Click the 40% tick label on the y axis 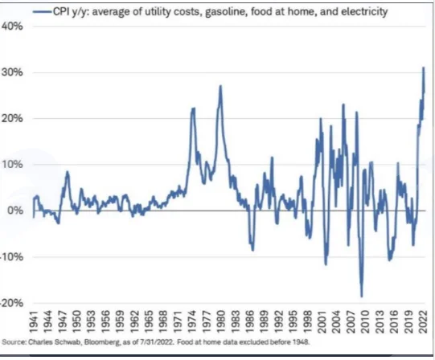click(13, 27)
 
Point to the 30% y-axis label click(13, 72)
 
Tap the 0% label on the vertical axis click(15, 211)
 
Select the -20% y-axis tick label click(11, 303)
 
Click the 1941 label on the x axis click(34, 322)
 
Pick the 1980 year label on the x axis click(220, 322)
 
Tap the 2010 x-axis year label click(364, 322)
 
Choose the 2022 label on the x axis click(422, 322)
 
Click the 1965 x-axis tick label click(149, 322)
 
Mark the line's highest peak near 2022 click(424, 67)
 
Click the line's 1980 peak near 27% click(220, 86)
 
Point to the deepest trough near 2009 click(362, 297)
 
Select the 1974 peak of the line click(193, 108)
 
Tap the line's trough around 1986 click(252, 250)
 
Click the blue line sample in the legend click(42, 11)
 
